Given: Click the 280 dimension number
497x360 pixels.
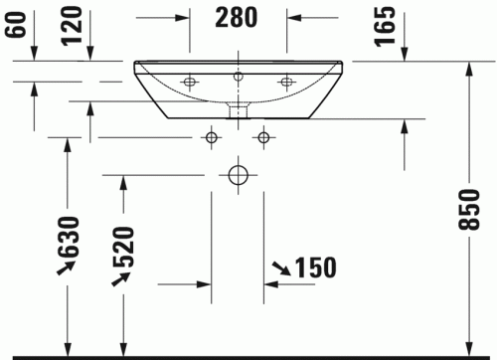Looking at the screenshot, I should pyautogui.click(x=237, y=18).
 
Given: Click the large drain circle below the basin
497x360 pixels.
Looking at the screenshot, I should pyautogui.click(x=238, y=176).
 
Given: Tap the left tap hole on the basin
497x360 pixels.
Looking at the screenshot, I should pyautogui.click(x=189, y=81).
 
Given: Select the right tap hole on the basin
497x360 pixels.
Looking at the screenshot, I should pyautogui.click(x=286, y=81).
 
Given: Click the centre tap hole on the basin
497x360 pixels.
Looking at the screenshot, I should pyautogui.click(x=238, y=76).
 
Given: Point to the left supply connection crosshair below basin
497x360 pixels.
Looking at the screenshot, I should pyautogui.click(x=211, y=136).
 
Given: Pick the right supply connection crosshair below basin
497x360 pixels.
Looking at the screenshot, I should pyautogui.click(x=263, y=136).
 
